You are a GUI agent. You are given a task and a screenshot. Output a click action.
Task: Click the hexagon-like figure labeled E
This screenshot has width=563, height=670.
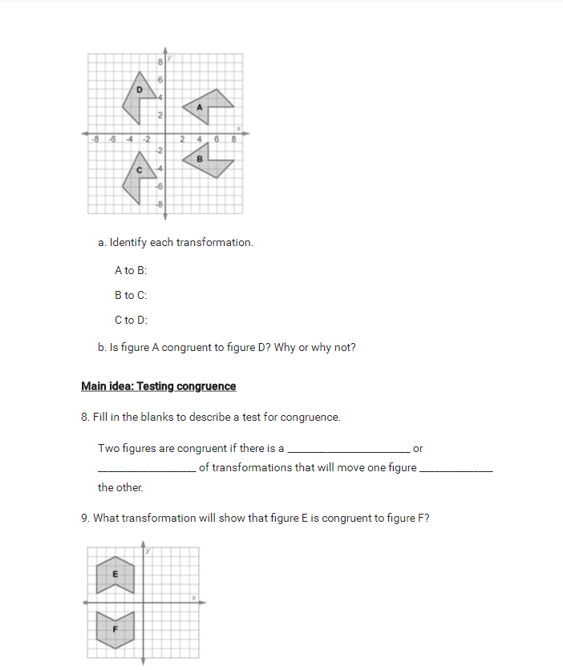(x=115, y=574)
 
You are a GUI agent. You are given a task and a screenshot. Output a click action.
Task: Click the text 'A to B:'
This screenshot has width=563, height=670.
(x=131, y=271)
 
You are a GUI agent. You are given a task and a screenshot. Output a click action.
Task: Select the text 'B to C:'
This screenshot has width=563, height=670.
(x=131, y=296)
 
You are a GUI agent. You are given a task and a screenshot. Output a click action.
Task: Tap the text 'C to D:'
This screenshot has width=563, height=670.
(x=131, y=321)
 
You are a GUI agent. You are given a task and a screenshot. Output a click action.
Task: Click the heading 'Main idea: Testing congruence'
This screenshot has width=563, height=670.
(x=159, y=386)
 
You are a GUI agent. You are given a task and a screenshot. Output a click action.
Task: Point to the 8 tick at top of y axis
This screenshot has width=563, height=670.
(x=160, y=62)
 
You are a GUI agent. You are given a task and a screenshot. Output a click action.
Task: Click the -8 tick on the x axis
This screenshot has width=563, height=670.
(x=96, y=139)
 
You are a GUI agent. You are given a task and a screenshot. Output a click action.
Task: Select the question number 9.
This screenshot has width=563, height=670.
(x=85, y=518)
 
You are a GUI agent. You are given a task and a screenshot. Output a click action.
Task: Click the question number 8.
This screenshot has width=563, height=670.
(x=85, y=418)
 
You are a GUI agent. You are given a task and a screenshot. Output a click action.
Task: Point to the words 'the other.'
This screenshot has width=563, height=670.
(x=120, y=487)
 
